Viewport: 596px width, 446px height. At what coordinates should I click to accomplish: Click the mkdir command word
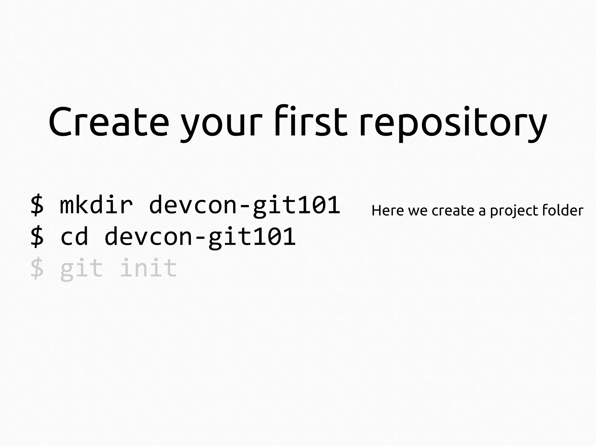[96, 205]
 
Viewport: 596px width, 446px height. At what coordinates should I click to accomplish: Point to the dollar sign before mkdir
[37, 205]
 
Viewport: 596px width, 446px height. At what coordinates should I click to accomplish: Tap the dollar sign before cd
[37, 237]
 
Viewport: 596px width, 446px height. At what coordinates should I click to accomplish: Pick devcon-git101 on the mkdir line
[244, 205]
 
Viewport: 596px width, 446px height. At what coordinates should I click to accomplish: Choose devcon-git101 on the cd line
[200, 237]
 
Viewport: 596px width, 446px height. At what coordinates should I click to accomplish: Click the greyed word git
[81, 268]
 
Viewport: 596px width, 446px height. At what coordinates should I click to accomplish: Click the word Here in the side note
[388, 210]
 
